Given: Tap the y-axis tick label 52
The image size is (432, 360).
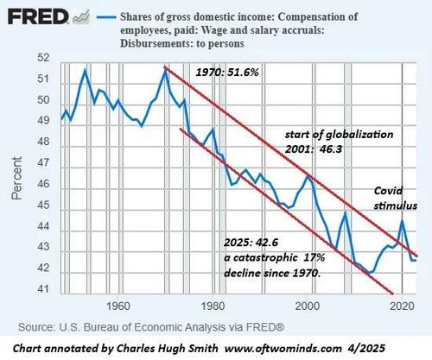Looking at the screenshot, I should [42, 58].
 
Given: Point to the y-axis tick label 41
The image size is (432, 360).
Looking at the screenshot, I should [42, 287].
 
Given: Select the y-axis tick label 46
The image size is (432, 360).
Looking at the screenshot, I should [42, 183].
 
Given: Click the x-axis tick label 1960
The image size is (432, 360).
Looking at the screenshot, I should [118, 306].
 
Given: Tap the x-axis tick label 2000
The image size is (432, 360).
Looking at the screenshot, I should [307, 306].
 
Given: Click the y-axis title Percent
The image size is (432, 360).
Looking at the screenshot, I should [16, 179].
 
